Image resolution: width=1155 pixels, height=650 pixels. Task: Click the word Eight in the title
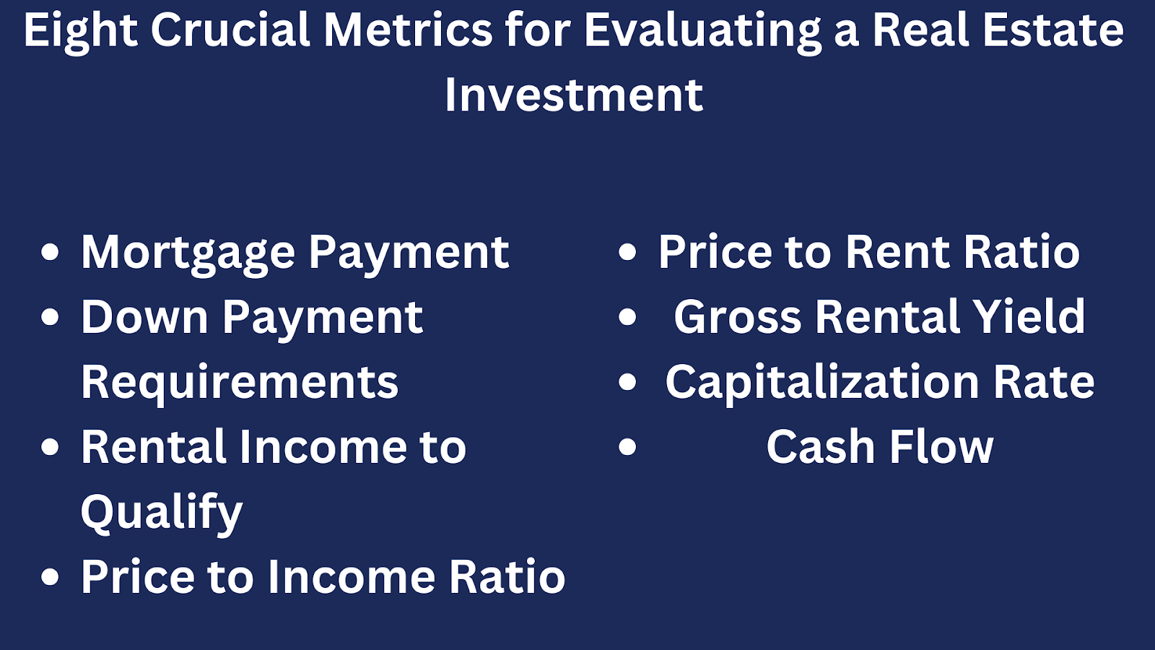pyautogui.click(x=81, y=32)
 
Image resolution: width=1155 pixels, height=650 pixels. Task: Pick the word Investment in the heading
pyautogui.click(x=574, y=95)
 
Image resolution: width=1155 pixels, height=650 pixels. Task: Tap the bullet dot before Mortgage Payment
pyautogui.click(x=50, y=252)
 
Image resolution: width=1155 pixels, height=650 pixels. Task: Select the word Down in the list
pyautogui.click(x=145, y=317)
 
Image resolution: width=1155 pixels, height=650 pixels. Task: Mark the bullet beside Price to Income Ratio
pyautogui.click(x=50, y=576)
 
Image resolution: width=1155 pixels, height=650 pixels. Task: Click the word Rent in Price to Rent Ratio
pyautogui.click(x=898, y=252)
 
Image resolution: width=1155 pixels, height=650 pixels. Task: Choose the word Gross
pyautogui.click(x=738, y=317)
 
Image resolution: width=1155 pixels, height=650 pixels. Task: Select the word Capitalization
pyautogui.click(x=822, y=383)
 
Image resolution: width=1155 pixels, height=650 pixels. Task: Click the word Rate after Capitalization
pyautogui.click(x=1044, y=382)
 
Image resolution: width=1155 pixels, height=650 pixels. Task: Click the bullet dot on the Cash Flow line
pyautogui.click(x=627, y=446)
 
